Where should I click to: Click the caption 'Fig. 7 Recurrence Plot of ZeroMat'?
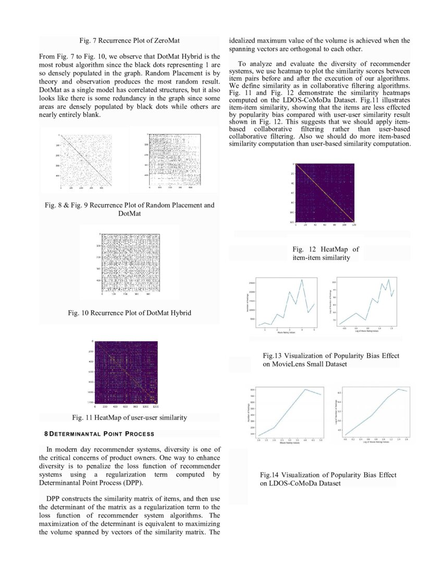[x=130, y=40]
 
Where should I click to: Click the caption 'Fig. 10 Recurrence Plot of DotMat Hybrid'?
[x=129, y=313]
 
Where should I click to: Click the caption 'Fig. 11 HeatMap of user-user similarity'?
[x=129, y=417]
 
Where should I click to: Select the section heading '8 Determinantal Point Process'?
[x=99, y=434]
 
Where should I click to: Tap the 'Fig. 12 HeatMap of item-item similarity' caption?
[x=325, y=253]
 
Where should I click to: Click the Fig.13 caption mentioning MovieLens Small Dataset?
[x=331, y=360]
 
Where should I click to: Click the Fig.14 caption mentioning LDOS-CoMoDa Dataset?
[x=328, y=479]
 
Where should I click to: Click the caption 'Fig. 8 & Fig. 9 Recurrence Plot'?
[x=129, y=209]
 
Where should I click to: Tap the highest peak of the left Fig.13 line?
[x=302, y=280]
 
